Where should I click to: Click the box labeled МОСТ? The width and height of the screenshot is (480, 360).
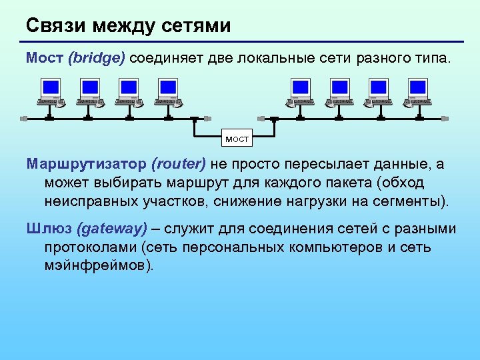coord(237,139)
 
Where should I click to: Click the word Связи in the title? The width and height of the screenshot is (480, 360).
coord(55,26)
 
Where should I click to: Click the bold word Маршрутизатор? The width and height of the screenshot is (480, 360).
coord(87,165)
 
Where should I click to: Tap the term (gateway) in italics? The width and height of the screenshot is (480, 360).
coord(112,229)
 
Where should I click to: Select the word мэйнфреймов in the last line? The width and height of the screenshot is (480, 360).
coord(99,265)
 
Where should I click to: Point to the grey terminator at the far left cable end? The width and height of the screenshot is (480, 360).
coord(23,119)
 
